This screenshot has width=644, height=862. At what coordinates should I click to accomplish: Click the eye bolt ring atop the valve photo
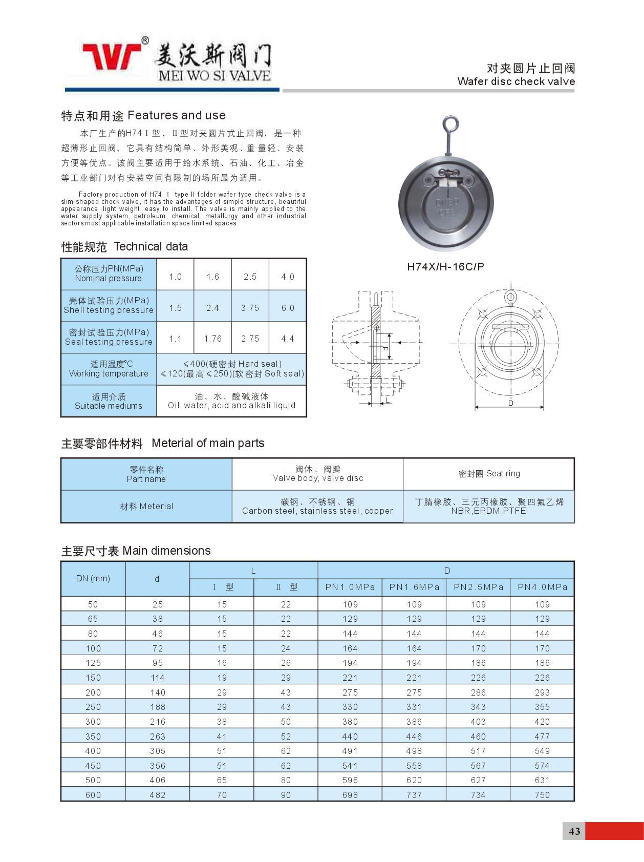[x=450, y=124]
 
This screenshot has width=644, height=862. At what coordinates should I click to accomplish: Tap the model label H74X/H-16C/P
[x=445, y=266]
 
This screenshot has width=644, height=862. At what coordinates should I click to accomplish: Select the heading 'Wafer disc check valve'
[x=516, y=81]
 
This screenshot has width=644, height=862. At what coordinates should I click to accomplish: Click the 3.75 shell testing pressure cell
[x=250, y=308]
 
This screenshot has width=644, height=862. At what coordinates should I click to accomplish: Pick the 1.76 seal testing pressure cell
[x=212, y=339]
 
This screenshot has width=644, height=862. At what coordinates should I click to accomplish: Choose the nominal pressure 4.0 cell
[x=288, y=277]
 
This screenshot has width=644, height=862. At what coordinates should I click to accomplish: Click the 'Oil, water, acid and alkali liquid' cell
[x=231, y=401]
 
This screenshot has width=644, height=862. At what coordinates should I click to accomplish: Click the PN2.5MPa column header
[x=478, y=587]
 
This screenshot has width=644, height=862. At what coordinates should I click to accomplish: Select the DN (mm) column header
[x=93, y=578]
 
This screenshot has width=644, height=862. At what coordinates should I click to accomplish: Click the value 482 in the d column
[x=157, y=795]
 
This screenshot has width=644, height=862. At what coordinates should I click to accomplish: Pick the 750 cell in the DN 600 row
[x=542, y=795]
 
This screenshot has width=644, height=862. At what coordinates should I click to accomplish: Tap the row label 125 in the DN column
[x=93, y=663]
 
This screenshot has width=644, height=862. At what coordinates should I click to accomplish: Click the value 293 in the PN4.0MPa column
[x=542, y=692]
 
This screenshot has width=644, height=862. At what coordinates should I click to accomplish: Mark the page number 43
[x=574, y=831]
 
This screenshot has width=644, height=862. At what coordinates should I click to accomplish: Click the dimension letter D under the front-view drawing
[x=510, y=403]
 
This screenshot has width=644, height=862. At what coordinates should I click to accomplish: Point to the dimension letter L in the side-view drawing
[x=388, y=400]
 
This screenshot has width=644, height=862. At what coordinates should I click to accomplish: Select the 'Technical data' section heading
[x=151, y=246]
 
